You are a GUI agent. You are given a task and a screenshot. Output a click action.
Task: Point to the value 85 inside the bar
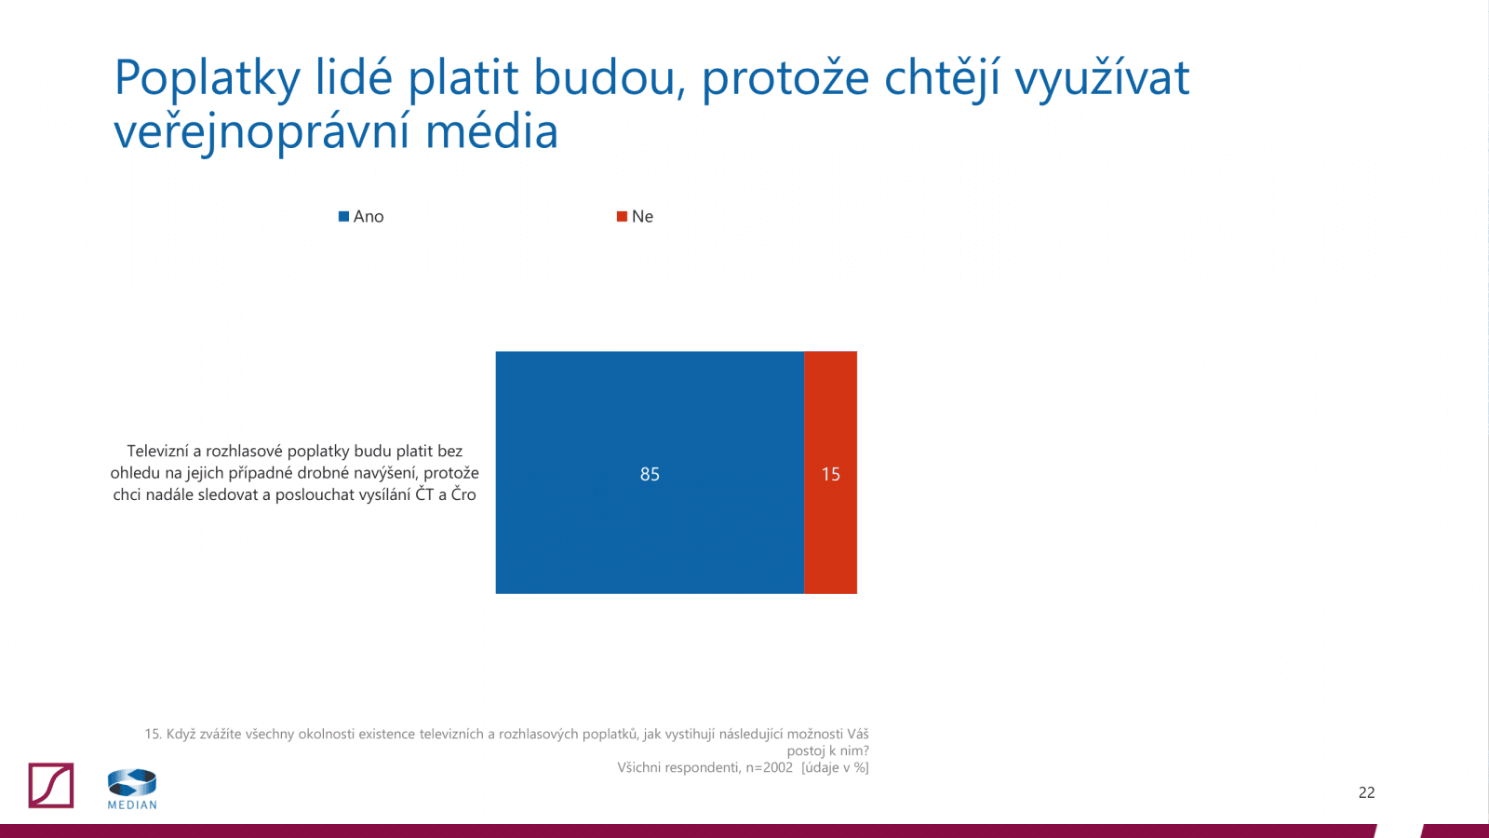click(650, 474)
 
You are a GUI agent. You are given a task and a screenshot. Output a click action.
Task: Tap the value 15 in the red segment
click(830, 474)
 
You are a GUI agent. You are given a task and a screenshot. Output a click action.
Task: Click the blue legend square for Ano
click(343, 216)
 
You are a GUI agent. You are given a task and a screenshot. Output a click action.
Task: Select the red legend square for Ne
click(622, 216)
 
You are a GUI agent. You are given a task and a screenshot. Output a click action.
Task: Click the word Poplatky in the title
click(207, 78)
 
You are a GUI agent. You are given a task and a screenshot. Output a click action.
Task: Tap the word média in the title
click(491, 131)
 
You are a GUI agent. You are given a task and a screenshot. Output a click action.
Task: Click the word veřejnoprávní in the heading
click(262, 131)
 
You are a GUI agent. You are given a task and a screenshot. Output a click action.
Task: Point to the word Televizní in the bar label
click(157, 451)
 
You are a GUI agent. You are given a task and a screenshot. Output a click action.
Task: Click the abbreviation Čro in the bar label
click(463, 494)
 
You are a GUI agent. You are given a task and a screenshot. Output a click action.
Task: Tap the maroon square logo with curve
click(51, 785)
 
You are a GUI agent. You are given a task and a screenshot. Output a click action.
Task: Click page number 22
click(1366, 792)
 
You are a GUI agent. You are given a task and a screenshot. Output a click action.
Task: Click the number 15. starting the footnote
click(153, 734)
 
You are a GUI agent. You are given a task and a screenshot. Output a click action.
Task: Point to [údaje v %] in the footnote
click(835, 767)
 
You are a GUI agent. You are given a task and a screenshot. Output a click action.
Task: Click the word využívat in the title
click(1102, 78)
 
